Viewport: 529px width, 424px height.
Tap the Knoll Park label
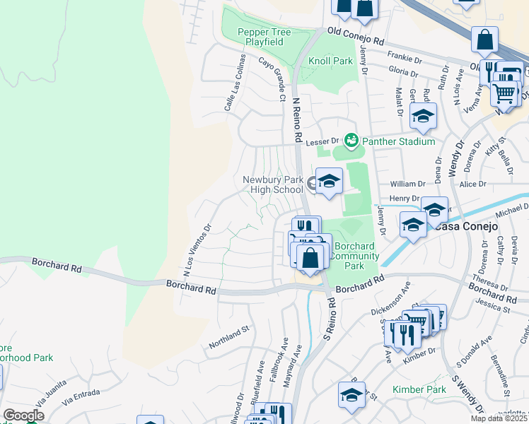pos(330,61)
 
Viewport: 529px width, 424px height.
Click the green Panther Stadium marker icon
pos(350,140)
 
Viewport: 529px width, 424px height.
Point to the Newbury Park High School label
pos(272,184)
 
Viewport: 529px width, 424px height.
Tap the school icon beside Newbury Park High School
pos(328,182)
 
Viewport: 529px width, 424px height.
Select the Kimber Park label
pos(419,389)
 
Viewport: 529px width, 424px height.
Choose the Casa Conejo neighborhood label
pos(467,226)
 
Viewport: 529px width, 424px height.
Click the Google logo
pos(23,415)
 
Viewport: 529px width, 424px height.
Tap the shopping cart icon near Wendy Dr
pos(504,92)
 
